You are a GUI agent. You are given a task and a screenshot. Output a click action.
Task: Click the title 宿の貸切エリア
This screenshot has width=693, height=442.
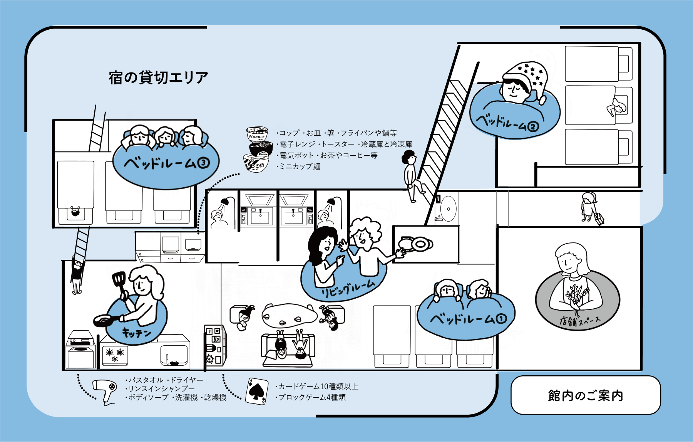(158, 78)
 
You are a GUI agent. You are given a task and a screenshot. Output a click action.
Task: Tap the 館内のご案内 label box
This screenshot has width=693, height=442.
(585, 395)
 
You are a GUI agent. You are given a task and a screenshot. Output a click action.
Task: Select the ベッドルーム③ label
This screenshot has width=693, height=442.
(166, 163)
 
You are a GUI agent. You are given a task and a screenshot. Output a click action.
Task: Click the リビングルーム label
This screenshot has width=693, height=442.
(348, 289)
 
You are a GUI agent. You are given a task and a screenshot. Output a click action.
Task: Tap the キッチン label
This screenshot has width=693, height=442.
(136, 332)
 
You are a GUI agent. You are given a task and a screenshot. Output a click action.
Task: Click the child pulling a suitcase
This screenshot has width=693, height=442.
(591, 208)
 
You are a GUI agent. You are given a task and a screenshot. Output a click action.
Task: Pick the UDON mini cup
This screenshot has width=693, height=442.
(256, 163)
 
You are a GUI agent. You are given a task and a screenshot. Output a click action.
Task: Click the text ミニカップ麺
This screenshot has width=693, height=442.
(300, 166)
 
